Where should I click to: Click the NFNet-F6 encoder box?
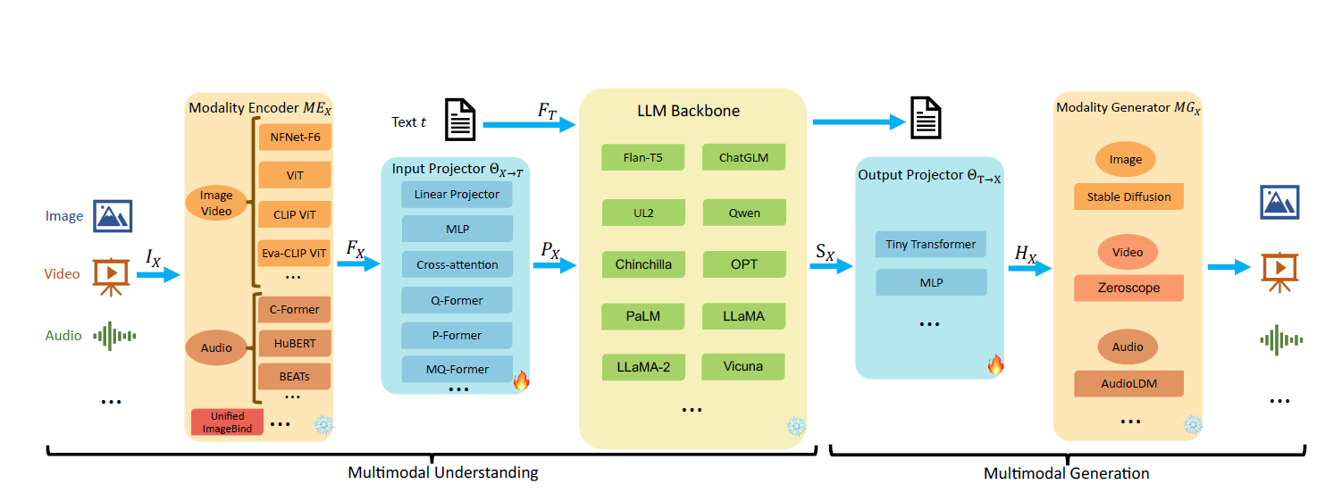(294, 138)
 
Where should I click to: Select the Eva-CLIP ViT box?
(294, 253)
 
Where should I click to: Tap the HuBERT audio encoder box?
(294, 343)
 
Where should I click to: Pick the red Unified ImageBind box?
(227, 422)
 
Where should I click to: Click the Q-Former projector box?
(457, 300)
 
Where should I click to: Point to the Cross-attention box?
(457, 264)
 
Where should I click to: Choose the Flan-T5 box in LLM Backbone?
(642, 158)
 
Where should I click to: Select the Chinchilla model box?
(642, 264)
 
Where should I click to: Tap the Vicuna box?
(743, 366)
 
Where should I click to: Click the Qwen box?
(743, 213)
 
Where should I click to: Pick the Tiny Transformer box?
(930, 244)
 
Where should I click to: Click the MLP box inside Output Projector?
(930, 282)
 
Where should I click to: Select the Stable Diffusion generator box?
(1128, 196)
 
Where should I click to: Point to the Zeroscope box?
(1128, 288)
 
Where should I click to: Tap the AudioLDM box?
(1128, 383)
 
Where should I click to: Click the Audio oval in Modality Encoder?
(216, 347)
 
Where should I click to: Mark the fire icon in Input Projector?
(521, 381)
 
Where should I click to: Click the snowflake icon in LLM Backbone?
(795, 426)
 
